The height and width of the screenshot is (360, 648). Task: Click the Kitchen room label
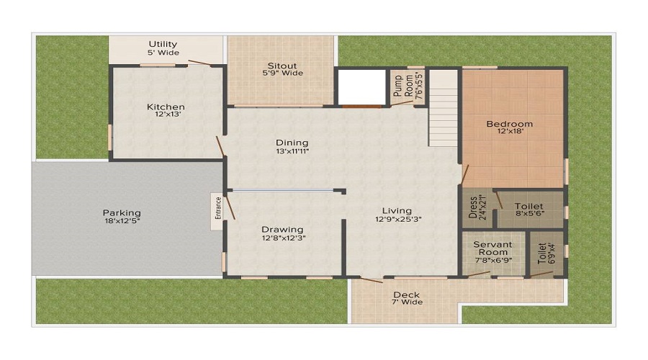pos(166,107)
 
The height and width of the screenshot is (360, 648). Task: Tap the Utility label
pos(163,45)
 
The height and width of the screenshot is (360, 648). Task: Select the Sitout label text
pos(282,65)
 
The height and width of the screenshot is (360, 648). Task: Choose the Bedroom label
pos(509,124)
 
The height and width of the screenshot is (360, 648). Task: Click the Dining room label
pos(292,143)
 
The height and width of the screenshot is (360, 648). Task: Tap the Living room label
pos(397,211)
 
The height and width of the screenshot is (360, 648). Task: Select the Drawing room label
pos(282,230)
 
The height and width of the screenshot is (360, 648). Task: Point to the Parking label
pos(121,212)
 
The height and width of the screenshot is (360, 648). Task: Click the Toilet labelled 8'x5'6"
pos(529,205)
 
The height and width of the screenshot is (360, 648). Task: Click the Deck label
pos(407,294)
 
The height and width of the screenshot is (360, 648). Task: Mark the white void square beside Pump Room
pos(361,87)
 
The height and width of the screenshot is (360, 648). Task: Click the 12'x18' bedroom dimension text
pos(509,132)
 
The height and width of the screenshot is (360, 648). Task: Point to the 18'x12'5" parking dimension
pos(121,221)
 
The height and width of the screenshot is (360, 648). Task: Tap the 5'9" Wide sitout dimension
pos(282,73)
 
